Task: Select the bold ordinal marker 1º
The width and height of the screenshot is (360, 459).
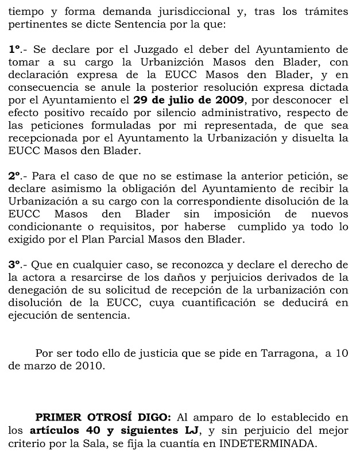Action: pos(16,50)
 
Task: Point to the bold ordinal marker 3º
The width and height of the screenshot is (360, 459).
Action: pos(16,264)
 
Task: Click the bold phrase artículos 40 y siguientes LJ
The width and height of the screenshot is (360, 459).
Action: pos(98,429)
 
